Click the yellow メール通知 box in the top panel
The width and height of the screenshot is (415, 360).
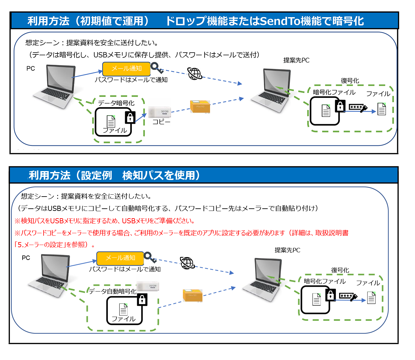click(x=126, y=68)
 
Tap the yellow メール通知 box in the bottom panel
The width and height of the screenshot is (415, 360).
click(x=120, y=258)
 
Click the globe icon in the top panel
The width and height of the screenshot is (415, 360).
click(x=194, y=74)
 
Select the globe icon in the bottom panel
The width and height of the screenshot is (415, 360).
click(x=187, y=263)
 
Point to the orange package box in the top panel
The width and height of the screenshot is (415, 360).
click(x=200, y=107)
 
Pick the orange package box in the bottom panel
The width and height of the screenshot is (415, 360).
click(x=193, y=295)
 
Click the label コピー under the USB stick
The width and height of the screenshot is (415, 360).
click(x=161, y=122)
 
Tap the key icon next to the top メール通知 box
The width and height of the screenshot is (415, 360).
click(x=157, y=68)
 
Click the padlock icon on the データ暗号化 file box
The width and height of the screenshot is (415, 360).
click(x=130, y=117)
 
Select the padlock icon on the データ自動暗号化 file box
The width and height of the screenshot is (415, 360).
click(x=142, y=300)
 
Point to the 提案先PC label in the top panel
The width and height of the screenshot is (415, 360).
click(x=296, y=60)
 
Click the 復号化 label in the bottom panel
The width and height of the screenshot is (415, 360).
click(x=340, y=270)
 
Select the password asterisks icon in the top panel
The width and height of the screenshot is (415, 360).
click(x=358, y=108)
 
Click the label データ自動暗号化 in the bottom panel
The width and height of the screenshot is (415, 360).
click(x=113, y=291)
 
